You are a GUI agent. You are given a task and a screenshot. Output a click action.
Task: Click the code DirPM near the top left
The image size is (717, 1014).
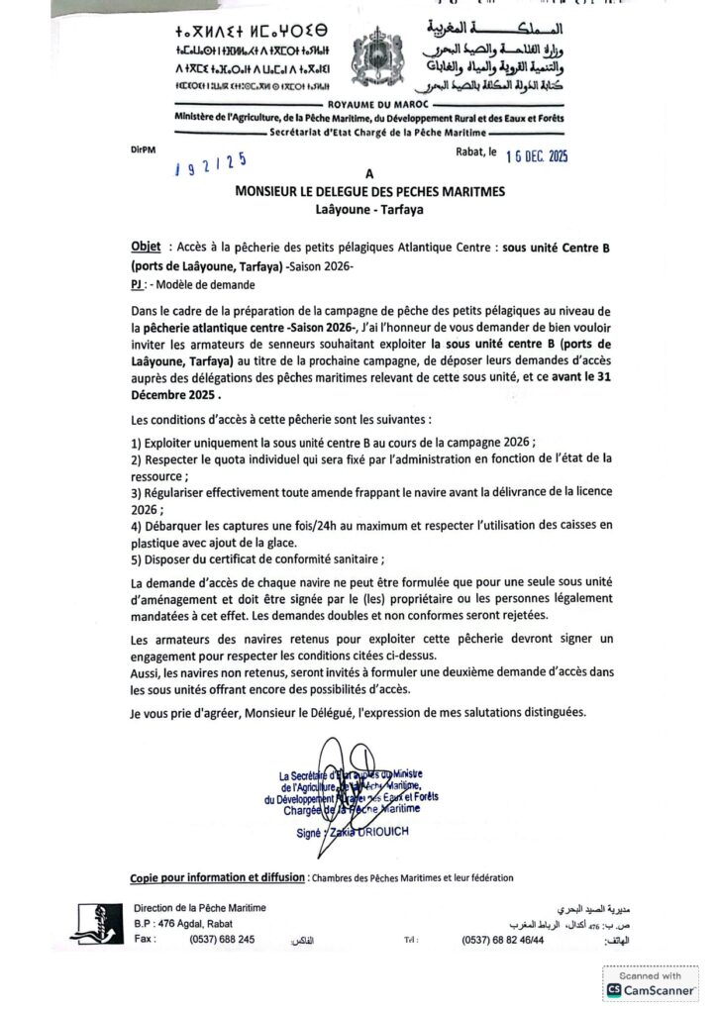click(142, 149)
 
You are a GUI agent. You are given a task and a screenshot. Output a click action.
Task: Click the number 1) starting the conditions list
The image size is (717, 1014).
click(136, 440)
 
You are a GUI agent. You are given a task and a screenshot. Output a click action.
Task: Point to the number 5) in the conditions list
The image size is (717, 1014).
click(136, 558)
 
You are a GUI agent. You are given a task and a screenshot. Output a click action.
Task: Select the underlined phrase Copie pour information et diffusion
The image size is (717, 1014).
click(217, 877)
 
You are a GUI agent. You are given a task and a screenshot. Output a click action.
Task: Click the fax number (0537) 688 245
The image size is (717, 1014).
click(222, 939)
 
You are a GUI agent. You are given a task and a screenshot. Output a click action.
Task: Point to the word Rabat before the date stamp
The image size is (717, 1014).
click(464, 153)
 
